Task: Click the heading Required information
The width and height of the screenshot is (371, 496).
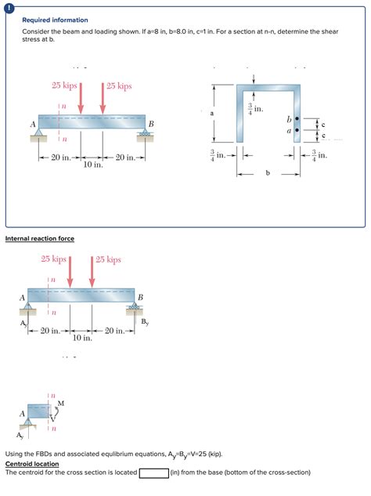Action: point(55,20)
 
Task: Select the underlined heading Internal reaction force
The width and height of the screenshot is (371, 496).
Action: point(40,238)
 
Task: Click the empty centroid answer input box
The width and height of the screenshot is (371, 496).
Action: point(153,472)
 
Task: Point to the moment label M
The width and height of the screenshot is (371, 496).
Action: point(61,403)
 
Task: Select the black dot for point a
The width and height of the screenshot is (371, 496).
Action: point(297,132)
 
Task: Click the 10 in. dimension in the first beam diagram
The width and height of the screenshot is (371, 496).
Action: point(92,165)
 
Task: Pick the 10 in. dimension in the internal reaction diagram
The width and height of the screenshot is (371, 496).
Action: point(82,338)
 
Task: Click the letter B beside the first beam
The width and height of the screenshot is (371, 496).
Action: point(151,124)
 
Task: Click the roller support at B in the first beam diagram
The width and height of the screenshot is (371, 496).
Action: point(144,134)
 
